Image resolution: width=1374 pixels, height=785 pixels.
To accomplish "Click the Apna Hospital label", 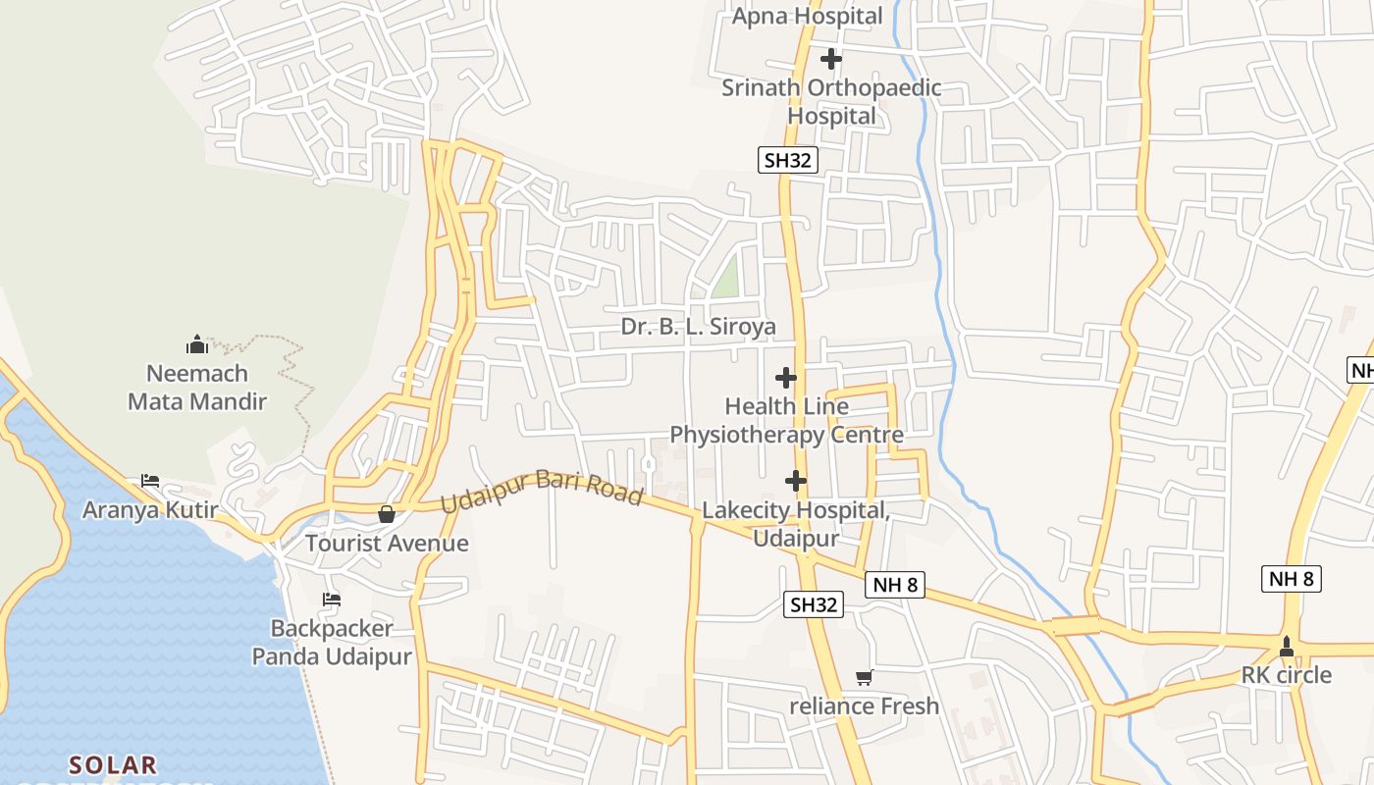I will point(807,16).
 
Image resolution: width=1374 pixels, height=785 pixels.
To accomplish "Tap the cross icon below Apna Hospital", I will point(831,59).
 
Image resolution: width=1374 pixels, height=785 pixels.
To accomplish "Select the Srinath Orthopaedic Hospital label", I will point(831,102).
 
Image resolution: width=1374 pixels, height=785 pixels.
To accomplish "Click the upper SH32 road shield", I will point(787,161).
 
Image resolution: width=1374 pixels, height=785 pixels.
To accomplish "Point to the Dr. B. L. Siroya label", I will point(698,327).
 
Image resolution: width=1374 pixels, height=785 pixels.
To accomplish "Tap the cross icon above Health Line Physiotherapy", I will point(786,377).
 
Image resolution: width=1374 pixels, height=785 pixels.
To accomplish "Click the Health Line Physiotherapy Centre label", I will point(786,420).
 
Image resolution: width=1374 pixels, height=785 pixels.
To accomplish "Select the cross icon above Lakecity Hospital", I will point(796,481).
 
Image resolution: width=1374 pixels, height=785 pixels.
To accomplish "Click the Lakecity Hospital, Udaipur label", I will point(796,524).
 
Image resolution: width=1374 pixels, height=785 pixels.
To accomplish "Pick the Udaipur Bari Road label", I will point(541,491).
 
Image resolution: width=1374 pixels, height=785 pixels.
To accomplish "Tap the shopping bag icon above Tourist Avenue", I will point(387,514).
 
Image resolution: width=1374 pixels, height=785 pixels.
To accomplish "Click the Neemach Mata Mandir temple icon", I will point(197,344).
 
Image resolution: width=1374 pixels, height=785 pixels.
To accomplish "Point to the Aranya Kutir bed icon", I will point(149,481).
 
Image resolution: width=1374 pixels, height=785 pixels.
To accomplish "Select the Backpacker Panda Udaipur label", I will point(332,642).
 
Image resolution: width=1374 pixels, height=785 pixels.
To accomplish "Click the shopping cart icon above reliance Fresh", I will point(864,677).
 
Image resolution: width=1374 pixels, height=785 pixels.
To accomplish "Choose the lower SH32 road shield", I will point(814,604).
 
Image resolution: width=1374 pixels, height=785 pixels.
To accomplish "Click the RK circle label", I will point(1286,675).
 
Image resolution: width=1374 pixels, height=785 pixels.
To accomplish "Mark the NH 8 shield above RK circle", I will point(1291,579).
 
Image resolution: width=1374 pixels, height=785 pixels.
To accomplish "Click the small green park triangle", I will point(726,279).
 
